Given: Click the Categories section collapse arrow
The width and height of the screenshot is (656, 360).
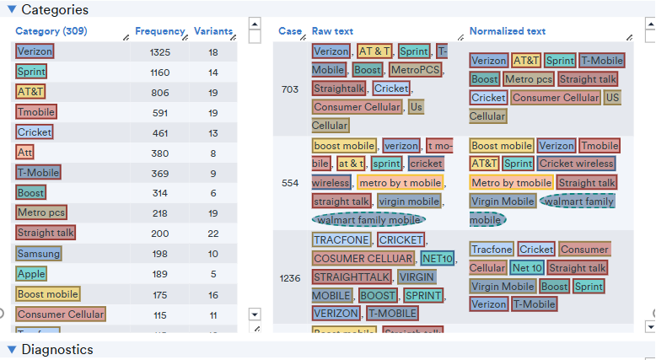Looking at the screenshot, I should (x=11, y=10).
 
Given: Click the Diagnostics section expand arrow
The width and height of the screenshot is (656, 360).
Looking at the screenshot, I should (x=11, y=349).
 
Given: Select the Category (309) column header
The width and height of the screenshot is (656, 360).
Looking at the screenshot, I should (x=51, y=32).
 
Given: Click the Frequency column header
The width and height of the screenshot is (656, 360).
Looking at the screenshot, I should (x=159, y=32).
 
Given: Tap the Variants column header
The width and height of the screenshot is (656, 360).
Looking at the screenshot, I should (x=212, y=32).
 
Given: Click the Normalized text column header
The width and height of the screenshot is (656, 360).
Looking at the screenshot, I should (x=507, y=32).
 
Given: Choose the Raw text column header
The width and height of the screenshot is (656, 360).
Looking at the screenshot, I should (x=332, y=32).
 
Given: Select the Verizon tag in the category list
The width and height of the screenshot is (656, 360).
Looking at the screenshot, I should (x=35, y=51).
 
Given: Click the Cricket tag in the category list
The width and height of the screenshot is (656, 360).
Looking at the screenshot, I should (x=34, y=132).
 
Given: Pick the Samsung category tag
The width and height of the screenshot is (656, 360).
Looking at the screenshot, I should (x=38, y=254).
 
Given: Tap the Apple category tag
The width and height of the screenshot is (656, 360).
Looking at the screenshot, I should (x=31, y=274).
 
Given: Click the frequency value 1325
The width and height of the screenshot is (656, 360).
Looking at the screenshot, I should (x=159, y=52).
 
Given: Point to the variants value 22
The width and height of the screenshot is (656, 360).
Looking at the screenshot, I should (x=213, y=234).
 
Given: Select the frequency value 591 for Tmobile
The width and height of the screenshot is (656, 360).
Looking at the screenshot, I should (x=159, y=113).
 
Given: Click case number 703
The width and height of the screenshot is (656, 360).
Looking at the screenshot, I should (x=290, y=89).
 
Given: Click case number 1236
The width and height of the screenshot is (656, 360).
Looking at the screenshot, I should (x=290, y=277).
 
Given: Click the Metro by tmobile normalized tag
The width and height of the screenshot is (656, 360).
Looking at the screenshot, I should (x=510, y=183).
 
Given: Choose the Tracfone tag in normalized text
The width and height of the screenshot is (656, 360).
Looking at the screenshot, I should (x=492, y=250).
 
